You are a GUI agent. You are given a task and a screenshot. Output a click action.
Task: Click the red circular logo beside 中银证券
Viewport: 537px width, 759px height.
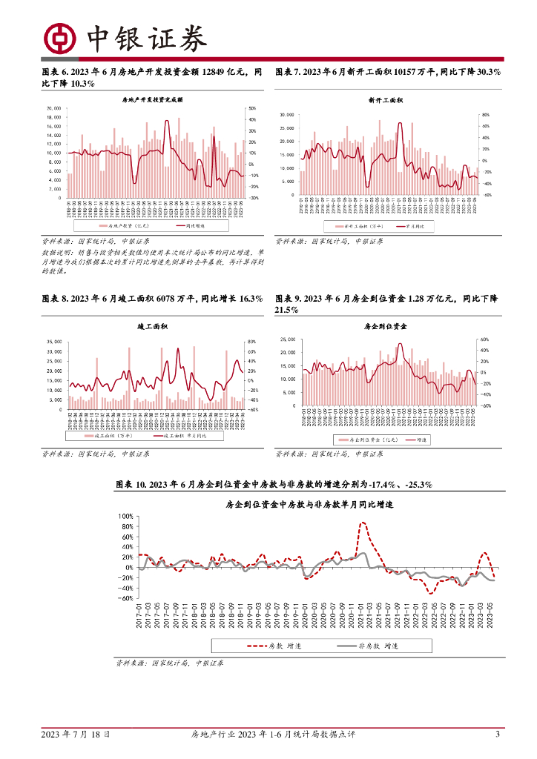(x=61, y=39)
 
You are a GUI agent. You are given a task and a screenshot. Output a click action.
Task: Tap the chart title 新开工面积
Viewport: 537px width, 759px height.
(x=385, y=99)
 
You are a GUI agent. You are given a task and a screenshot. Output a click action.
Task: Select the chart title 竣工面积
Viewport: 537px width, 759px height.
(x=152, y=326)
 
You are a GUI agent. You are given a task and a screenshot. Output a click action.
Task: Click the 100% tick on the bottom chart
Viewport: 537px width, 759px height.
(x=124, y=516)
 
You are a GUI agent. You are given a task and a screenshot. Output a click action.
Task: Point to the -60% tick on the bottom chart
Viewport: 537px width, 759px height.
(x=124, y=598)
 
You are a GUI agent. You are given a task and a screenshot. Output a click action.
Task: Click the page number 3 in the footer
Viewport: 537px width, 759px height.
(x=497, y=735)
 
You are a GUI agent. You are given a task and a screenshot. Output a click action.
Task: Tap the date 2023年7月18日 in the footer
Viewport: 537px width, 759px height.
(x=76, y=735)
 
